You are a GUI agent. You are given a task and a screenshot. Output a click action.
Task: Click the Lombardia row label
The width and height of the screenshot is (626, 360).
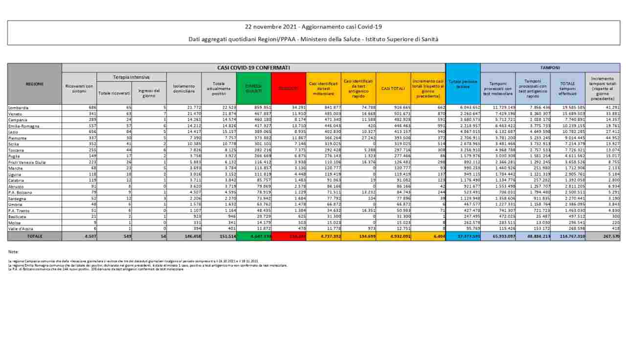(x=19, y=107)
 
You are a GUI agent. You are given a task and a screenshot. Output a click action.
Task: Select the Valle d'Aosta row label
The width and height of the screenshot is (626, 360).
(x=20, y=228)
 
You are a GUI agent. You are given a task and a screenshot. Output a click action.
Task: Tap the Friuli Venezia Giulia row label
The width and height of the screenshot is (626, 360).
(x=27, y=162)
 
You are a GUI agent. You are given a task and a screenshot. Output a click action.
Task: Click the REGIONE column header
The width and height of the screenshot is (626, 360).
(x=35, y=84)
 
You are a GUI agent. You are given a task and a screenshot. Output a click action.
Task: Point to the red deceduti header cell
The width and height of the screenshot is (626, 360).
(x=289, y=88)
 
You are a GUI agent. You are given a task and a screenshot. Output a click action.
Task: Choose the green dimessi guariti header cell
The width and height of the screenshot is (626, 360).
(x=253, y=88)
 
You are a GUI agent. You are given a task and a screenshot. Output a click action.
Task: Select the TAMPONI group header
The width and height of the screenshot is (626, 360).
(x=550, y=67)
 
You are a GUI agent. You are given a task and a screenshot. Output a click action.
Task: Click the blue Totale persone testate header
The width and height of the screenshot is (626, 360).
(x=463, y=84)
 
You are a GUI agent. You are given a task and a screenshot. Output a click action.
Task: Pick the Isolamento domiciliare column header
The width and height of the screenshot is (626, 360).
(x=183, y=88)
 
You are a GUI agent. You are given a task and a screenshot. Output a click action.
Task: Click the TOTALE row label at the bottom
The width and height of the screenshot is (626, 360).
(x=35, y=236)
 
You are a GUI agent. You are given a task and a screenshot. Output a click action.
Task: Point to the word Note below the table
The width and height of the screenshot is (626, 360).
(x=13, y=251)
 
